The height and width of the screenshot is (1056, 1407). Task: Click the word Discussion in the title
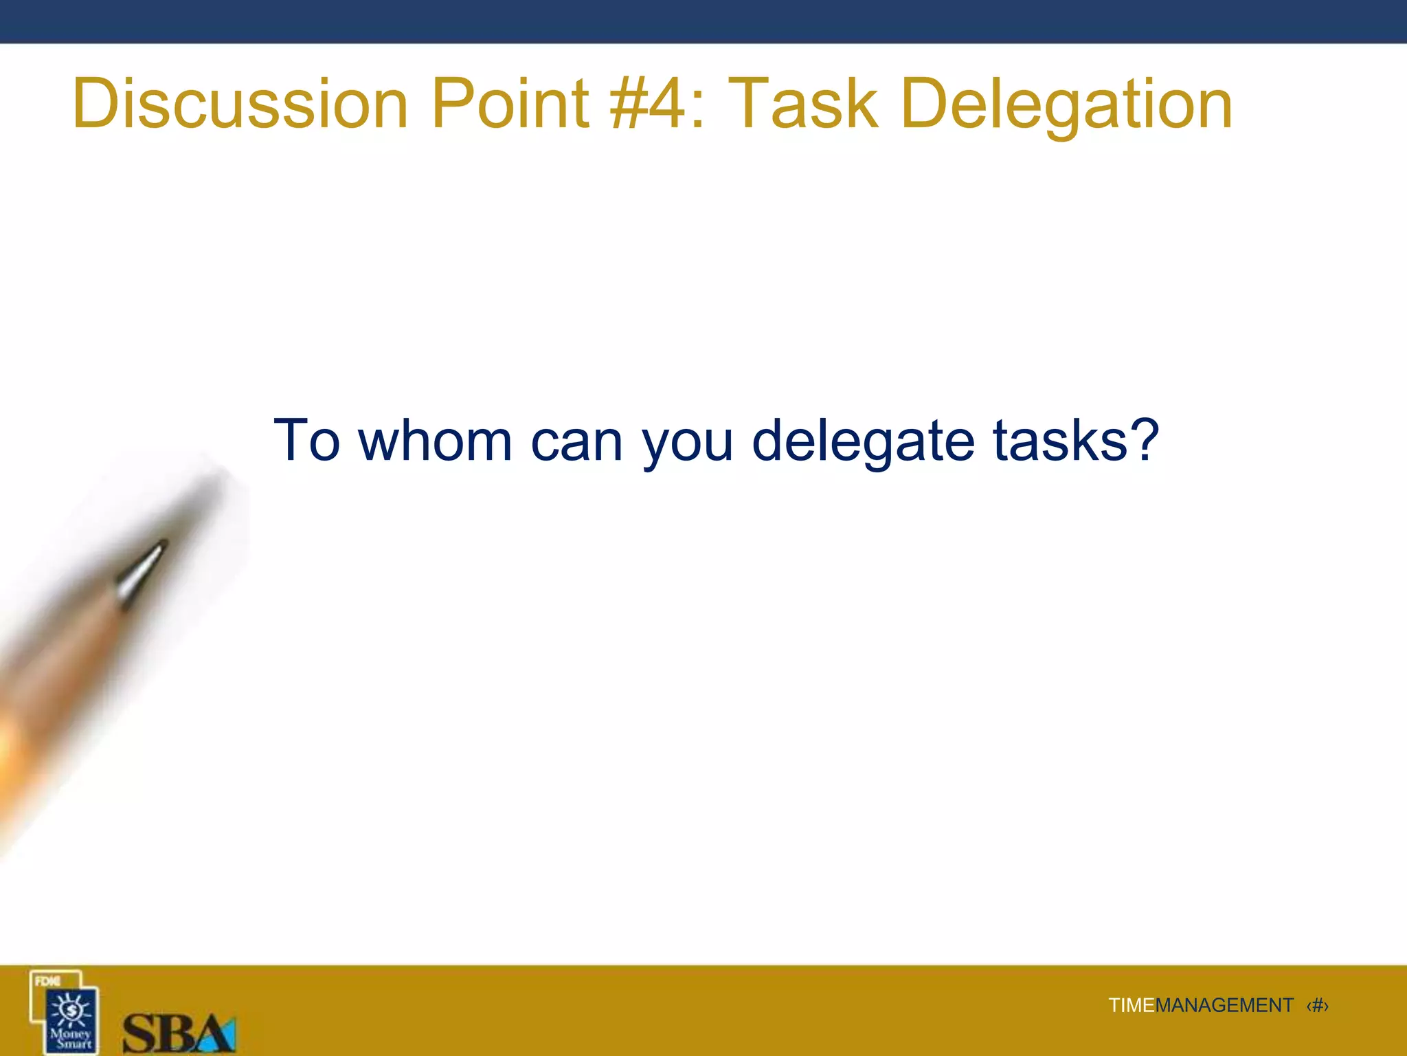(240, 104)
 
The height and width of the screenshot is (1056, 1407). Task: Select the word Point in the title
(510, 104)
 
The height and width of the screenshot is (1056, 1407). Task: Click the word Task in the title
(802, 104)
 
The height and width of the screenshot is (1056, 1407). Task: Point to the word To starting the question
(306, 441)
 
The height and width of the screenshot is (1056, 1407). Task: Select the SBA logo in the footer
(179, 1032)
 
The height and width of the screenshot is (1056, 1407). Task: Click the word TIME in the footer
(1131, 1006)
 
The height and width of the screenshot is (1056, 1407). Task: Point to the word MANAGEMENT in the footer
(1224, 1006)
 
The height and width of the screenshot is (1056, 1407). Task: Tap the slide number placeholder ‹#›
(1317, 1006)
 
